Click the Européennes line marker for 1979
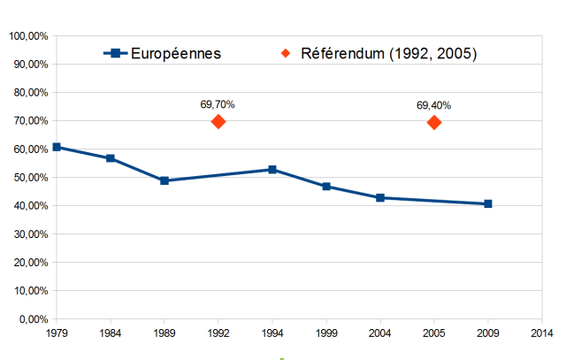pyautogui.click(x=57, y=147)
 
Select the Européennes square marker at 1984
pyautogui.click(x=111, y=158)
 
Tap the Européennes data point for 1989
pyautogui.click(x=164, y=180)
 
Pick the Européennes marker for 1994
pyautogui.click(x=272, y=169)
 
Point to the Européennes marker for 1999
pyautogui.click(x=326, y=187)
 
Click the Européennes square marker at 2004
pyautogui.click(x=380, y=198)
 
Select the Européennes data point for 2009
pyautogui.click(x=488, y=203)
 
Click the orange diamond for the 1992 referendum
pyautogui.click(x=218, y=121)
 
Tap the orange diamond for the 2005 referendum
pyautogui.click(x=434, y=122)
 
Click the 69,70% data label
pyautogui.click(x=218, y=105)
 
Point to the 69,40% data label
pyautogui.click(x=433, y=105)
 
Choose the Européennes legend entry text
pyautogui.click(x=176, y=54)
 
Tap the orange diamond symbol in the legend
pyautogui.click(x=286, y=54)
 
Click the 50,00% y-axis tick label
pyautogui.click(x=30, y=178)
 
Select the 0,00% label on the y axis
pyautogui.click(x=33, y=319)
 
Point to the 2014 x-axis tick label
pyautogui.click(x=542, y=333)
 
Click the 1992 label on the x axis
pyautogui.click(x=218, y=333)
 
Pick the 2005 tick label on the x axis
pyautogui.click(x=434, y=333)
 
